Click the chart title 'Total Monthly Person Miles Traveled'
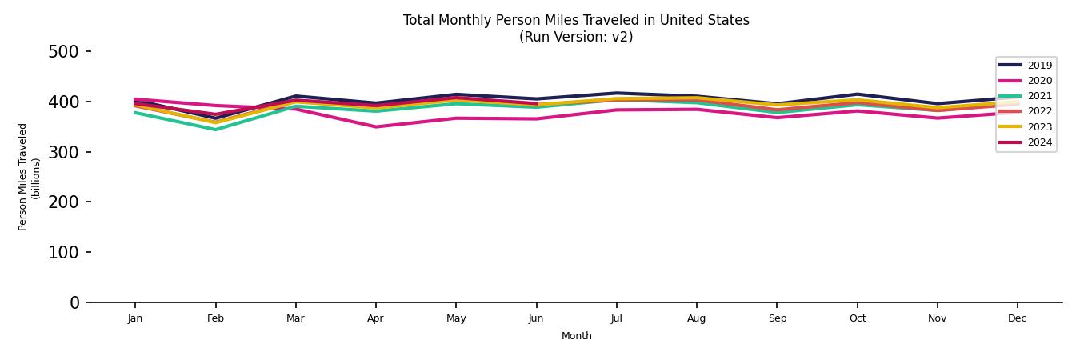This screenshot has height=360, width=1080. (576, 20)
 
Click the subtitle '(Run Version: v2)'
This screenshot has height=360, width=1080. (576, 37)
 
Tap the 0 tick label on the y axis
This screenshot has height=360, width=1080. (74, 302)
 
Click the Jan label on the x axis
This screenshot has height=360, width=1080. (134, 318)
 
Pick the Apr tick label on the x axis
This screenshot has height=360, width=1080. (375, 318)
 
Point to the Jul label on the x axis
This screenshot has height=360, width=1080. (616, 318)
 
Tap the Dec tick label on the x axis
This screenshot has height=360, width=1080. (1017, 318)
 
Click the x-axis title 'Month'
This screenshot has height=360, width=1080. (576, 336)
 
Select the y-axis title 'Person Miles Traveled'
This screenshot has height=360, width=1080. (23, 177)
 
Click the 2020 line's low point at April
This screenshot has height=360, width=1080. (375, 126)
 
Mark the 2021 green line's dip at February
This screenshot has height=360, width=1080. (215, 130)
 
